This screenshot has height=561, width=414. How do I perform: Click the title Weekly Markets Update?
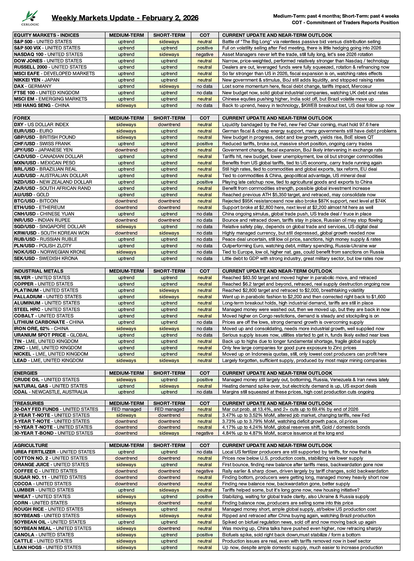[125, 18]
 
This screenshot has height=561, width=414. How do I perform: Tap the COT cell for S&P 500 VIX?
[204, 48]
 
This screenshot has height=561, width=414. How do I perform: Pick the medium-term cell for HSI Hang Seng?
[126, 105]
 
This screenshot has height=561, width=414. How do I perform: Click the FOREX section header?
[22, 118]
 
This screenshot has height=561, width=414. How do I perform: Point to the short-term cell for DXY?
[169, 125]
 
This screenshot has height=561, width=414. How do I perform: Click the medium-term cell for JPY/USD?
[126, 150]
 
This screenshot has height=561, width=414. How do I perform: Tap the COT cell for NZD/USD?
[204, 182]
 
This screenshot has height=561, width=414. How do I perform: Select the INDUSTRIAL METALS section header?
[39, 271]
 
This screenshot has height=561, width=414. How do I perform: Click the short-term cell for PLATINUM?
[169, 290]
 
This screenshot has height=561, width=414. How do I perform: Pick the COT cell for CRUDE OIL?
[204, 380]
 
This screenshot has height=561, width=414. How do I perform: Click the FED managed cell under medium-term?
[126, 409]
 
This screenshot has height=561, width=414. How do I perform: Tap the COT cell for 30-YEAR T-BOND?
[204, 433]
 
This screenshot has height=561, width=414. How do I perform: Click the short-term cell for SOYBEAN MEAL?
[169, 528]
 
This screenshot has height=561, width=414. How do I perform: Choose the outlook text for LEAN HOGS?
[302, 547]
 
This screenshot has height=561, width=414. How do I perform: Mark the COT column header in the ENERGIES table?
[204, 373]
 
